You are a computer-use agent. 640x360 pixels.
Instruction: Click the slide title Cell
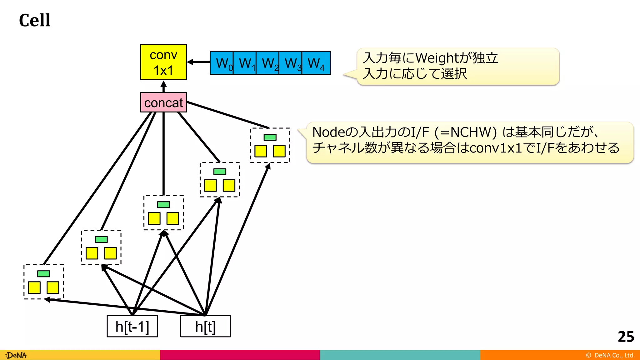pos(34,20)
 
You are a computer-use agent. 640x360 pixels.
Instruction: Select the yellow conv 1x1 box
pos(163,62)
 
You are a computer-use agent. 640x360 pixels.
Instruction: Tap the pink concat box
pos(163,102)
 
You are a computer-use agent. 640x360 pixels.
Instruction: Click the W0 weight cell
pos(222,63)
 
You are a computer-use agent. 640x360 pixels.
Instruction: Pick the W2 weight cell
pos(267,63)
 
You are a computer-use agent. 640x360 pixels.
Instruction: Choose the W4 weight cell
pos(316,63)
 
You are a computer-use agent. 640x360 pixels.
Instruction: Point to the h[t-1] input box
pos(132,326)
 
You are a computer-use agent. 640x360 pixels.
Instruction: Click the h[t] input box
pos(205,326)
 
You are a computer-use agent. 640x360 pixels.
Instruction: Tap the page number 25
pos(626,337)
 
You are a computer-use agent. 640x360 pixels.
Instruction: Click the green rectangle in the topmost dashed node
pos(270,137)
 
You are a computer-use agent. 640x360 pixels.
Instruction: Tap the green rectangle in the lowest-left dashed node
pos(43,274)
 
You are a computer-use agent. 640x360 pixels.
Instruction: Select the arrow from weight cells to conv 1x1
pos(199,62)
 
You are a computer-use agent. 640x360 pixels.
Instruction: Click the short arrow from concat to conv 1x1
pos(163,87)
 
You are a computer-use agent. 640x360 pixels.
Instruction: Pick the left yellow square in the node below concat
pos(154,218)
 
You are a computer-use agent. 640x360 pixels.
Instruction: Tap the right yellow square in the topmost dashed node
pos(279,151)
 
